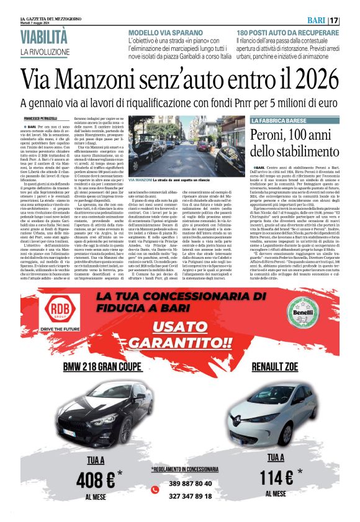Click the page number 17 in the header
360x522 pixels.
(349, 20)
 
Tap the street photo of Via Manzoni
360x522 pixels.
(187, 145)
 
